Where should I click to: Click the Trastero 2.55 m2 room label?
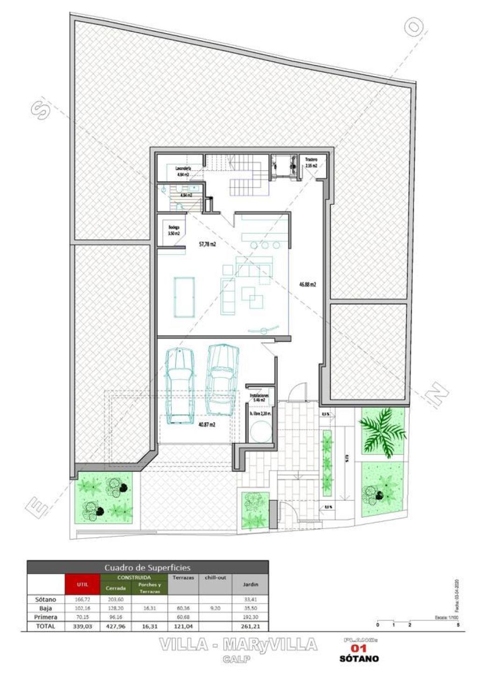coord(311,162)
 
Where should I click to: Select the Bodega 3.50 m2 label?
coord(174,231)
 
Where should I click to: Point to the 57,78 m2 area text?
coord(207,244)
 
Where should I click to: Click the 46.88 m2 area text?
coord(307,284)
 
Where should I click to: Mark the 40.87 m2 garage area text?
coord(207,425)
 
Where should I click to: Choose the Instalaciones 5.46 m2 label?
coord(259,397)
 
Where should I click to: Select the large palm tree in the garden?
coord(383,431)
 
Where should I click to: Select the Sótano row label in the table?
coord(45,599)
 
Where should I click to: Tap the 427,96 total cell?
coord(116,626)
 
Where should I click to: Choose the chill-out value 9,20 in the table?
coord(215,608)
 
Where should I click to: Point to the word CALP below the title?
coord(237,659)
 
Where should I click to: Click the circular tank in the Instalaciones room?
coord(260,431)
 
